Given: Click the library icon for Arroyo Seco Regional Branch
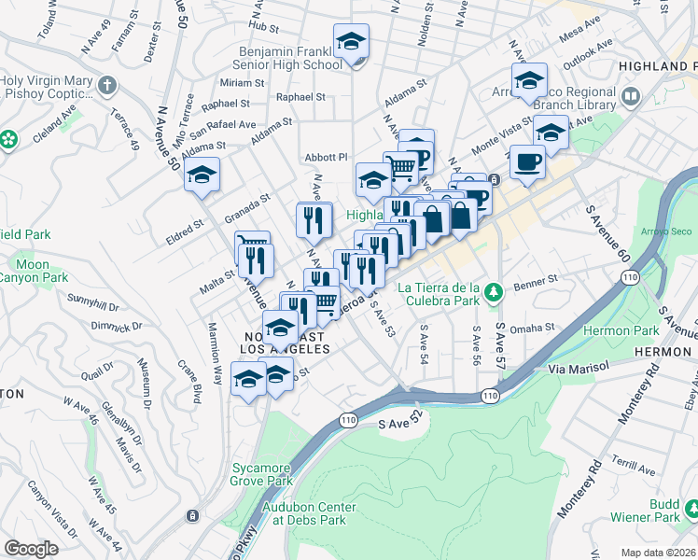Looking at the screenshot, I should [x=631, y=97].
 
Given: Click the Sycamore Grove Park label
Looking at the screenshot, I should [x=260, y=474].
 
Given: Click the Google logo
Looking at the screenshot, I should [x=31, y=549].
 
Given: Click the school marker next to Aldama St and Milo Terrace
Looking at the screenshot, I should [x=202, y=176].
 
